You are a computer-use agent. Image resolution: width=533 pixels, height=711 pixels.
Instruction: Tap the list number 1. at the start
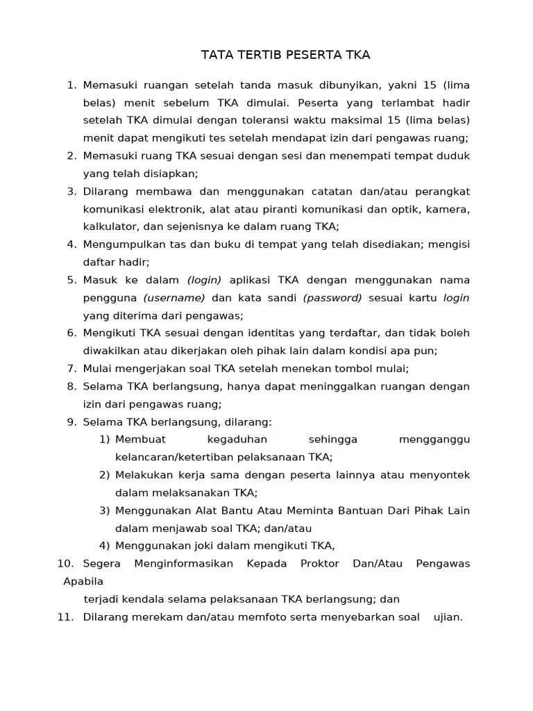pyautogui.click(x=71, y=85)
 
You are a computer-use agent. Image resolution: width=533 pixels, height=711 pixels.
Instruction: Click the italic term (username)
pyautogui.click(x=174, y=298)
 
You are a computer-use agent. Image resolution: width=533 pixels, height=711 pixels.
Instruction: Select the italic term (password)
pyautogui.click(x=332, y=298)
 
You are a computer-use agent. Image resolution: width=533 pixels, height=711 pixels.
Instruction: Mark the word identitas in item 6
pyautogui.click(x=279, y=333)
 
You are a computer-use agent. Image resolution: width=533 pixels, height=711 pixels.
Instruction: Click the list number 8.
pyautogui.click(x=71, y=386)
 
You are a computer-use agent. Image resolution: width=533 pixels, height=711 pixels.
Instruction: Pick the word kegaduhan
pyautogui.click(x=237, y=440)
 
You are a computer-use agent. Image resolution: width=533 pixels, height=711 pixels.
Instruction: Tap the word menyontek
pyautogui.click(x=443, y=475)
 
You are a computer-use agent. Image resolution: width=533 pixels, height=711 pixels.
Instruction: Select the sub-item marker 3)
pyautogui.click(x=104, y=510)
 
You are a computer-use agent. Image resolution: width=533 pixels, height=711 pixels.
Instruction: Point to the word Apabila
pyautogui.click(x=83, y=581)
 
